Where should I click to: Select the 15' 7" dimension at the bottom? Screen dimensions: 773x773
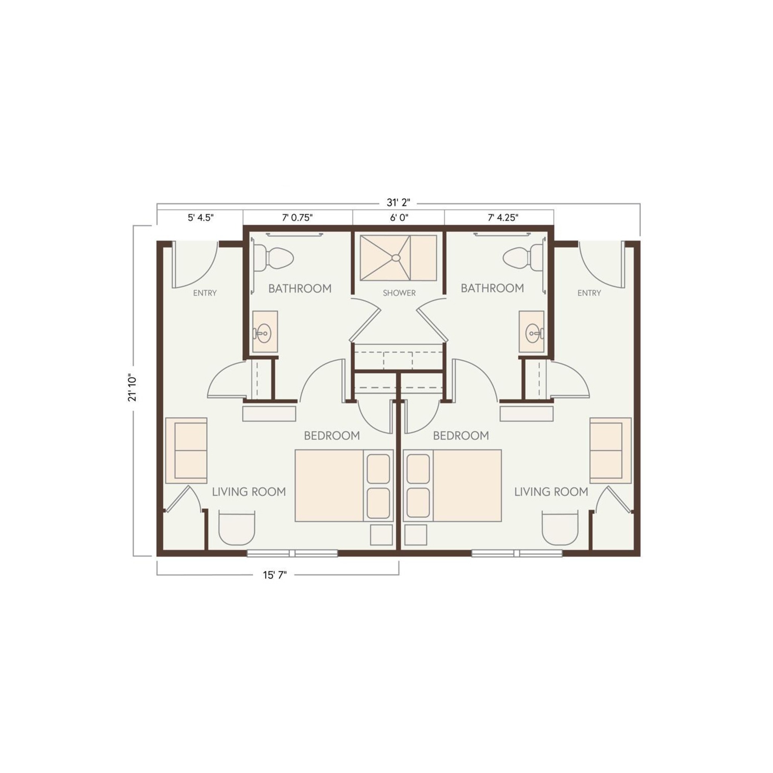click(x=274, y=575)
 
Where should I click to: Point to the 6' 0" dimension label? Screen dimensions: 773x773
click(x=399, y=217)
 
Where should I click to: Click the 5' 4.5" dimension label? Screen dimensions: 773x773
click(x=201, y=217)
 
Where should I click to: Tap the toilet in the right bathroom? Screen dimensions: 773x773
click(x=522, y=258)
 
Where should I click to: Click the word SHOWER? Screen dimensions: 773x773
click(x=399, y=293)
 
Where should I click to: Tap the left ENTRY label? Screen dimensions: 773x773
click(x=205, y=293)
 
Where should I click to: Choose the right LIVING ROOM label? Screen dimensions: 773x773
click(x=551, y=492)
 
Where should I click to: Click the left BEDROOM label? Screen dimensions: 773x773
click(x=332, y=435)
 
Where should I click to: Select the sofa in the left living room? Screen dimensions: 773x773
click(x=186, y=451)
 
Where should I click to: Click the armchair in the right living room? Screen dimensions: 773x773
click(x=560, y=528)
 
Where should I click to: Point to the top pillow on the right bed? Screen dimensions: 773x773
click(x=418, y=468)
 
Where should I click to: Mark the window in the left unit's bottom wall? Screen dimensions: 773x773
click(x=292, y=553)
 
